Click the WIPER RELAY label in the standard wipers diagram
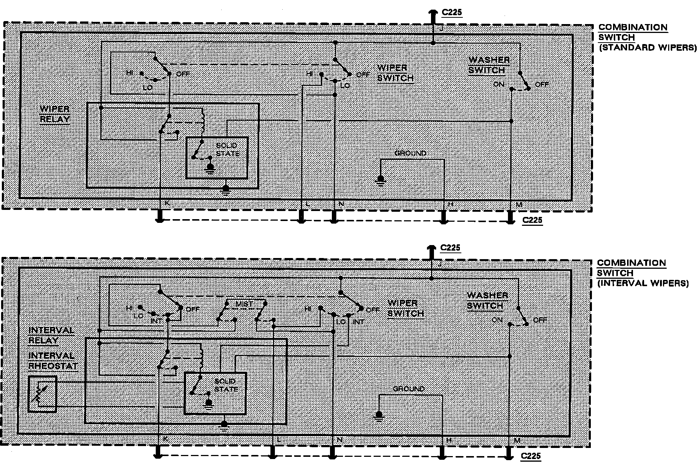coord(54,114)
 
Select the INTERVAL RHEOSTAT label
coord(53,361)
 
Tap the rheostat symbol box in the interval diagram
coord(42,394)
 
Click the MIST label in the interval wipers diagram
coord(244,304)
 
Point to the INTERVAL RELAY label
coord(51,335)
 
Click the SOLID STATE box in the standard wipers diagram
coord(217,158)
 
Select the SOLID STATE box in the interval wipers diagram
coord(215,393)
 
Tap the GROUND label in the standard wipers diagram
coord(410,153)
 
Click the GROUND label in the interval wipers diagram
coord(408,389)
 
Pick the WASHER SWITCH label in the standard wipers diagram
coord(489,65)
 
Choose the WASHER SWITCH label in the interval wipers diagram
coord(487,301)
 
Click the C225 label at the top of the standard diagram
coord(452,13)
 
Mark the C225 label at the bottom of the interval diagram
coord(531,456)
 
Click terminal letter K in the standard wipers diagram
coord(167,203)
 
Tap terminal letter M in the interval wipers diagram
coord(517,440)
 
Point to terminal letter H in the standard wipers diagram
coord(450,204)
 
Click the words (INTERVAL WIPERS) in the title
coord(643,284)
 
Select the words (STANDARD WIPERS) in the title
coord(647,48)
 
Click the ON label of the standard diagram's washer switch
coord(498,84)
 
